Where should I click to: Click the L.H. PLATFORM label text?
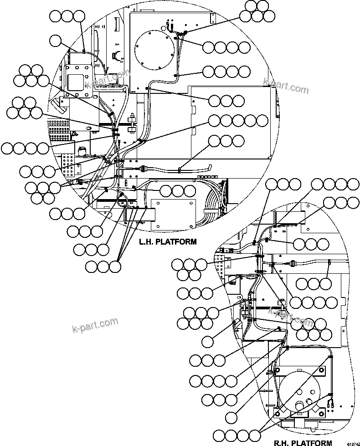tap(168, 242)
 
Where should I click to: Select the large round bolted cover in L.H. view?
tap(155, 47)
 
